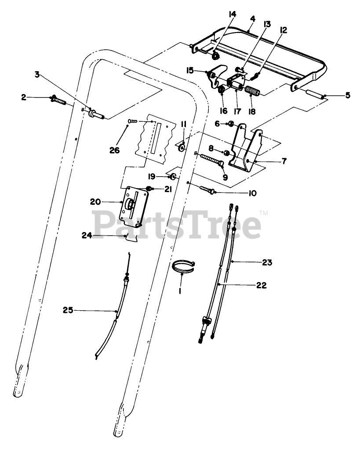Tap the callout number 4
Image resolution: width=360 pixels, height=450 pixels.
coord(252,19)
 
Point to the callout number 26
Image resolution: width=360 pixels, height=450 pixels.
coord(115,150)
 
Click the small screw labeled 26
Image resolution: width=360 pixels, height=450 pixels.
coord(132,121)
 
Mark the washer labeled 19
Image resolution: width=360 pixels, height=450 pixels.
coord(173,177)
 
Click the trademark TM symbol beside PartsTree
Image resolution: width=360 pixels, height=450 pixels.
coord(264,213)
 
